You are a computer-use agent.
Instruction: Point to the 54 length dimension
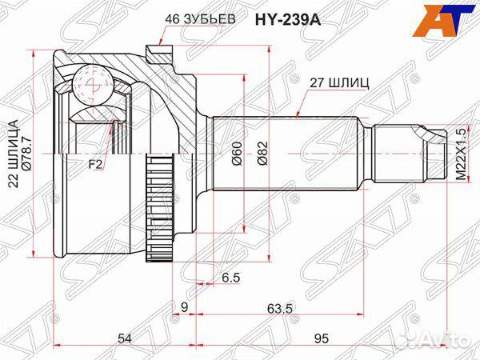(x=124, y=339)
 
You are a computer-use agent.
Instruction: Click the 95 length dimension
(x=322, y=339)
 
